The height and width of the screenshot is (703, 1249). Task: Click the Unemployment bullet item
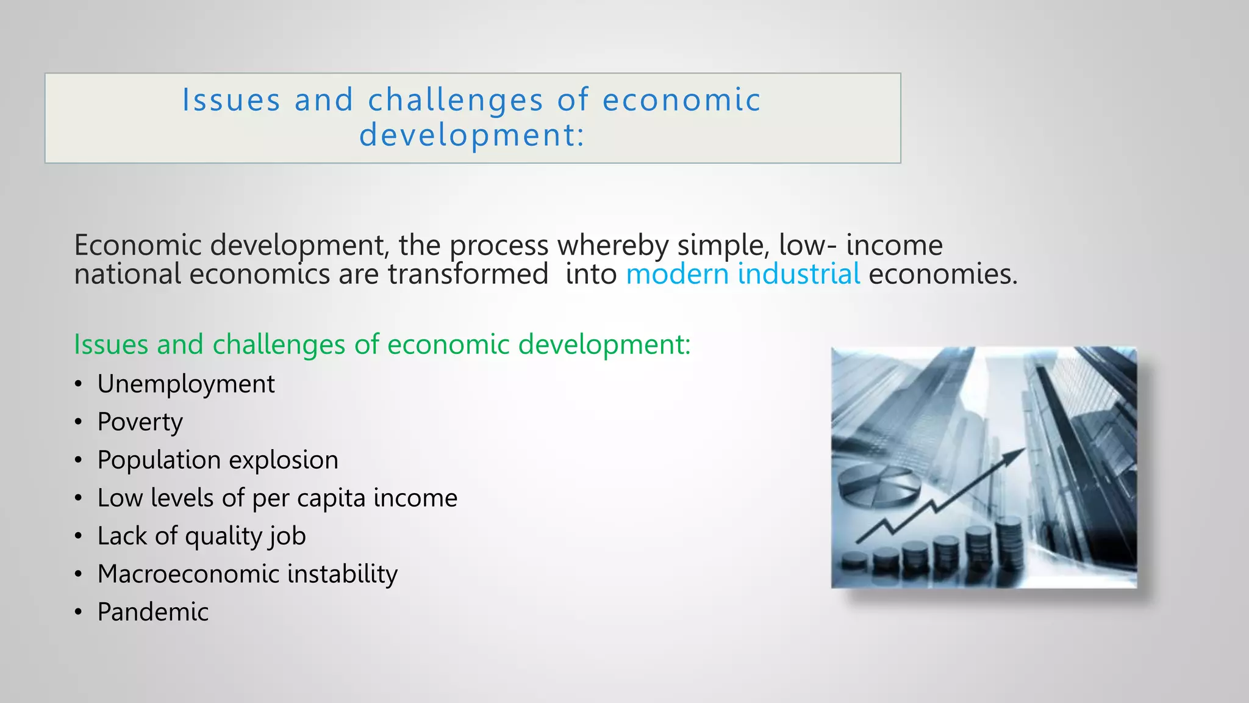[186, 384]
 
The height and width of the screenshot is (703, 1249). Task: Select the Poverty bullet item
[140, 422]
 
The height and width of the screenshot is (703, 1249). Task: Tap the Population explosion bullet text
[218, 460]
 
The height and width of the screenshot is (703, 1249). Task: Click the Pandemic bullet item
[152, 612]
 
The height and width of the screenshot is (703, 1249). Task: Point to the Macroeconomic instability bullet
[247, 574]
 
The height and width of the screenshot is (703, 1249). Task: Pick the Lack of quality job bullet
[201, 536]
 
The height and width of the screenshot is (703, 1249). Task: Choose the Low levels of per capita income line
[277, 499]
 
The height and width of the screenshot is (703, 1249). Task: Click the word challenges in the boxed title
[455, 100]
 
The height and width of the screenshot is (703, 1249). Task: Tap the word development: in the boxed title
[472, 135]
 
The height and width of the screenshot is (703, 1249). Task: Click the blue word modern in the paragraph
[677, 274]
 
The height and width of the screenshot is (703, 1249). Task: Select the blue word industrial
[798, 274]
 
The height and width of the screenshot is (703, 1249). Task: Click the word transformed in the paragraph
[468, 274]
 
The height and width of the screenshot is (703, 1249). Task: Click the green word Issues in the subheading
[111, 345]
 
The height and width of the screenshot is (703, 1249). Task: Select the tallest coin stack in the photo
[1009, 543]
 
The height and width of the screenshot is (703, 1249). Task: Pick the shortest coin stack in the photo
[854, 560]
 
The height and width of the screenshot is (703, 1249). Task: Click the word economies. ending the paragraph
[943, 274]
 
